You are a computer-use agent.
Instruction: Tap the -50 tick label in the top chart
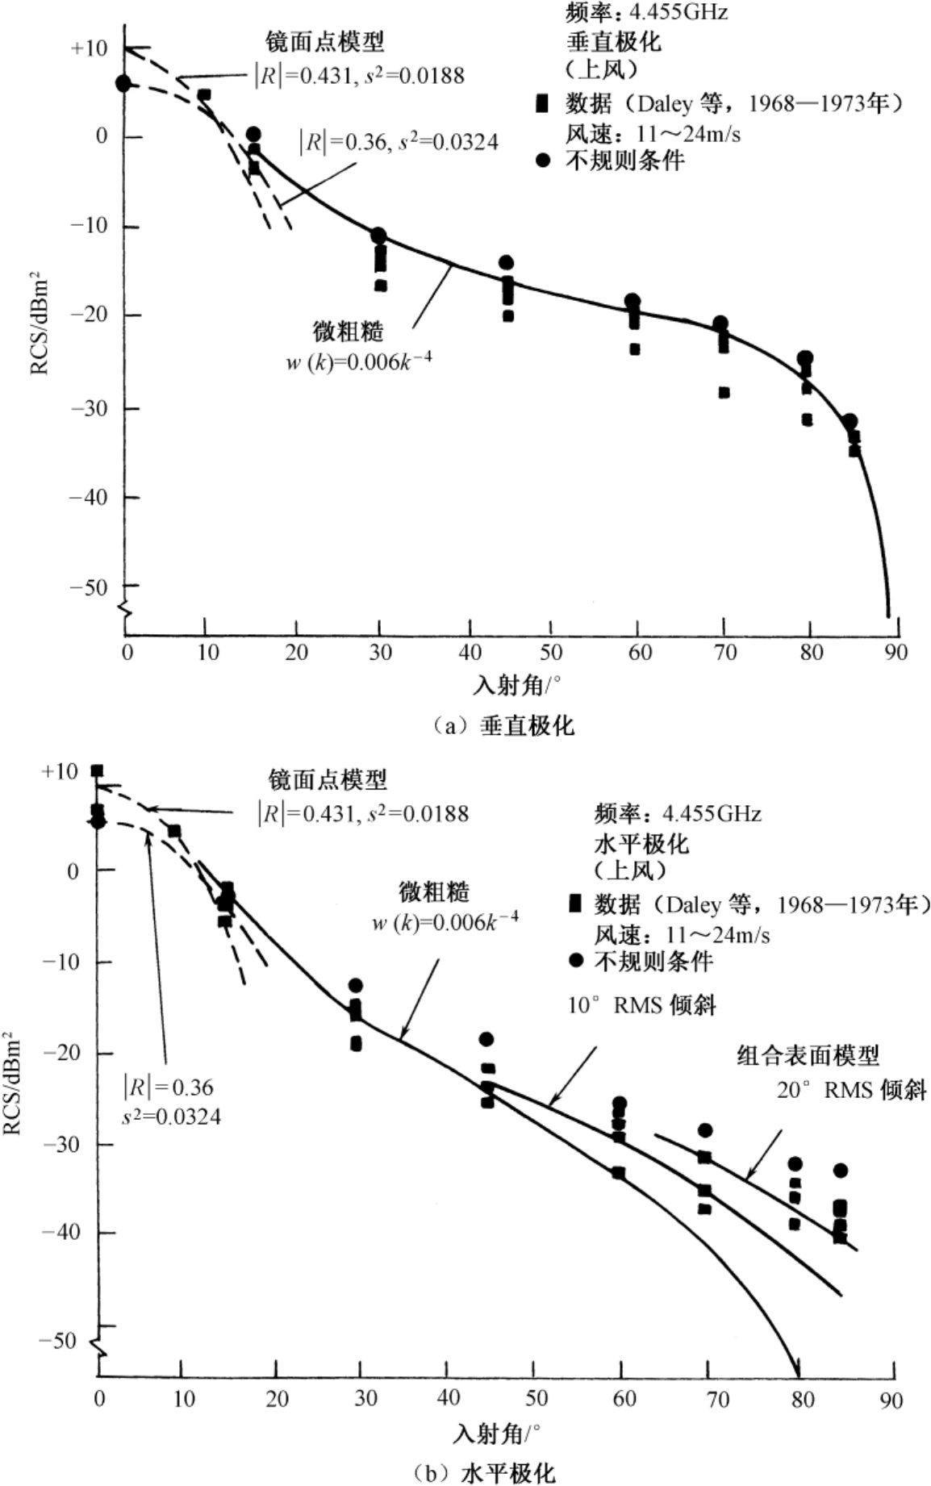(89, 586)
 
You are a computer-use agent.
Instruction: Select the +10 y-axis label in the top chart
(89, 48)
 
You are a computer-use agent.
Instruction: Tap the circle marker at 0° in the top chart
(123, 83)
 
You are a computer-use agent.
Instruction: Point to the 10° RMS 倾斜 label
(641, 1005)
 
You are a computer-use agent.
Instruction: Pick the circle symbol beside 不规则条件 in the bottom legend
(576, 961)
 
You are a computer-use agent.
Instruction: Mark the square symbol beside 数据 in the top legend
(543, 103)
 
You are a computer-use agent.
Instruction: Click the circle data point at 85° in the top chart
(850, 422)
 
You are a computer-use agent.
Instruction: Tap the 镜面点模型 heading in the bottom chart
(328, 779)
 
